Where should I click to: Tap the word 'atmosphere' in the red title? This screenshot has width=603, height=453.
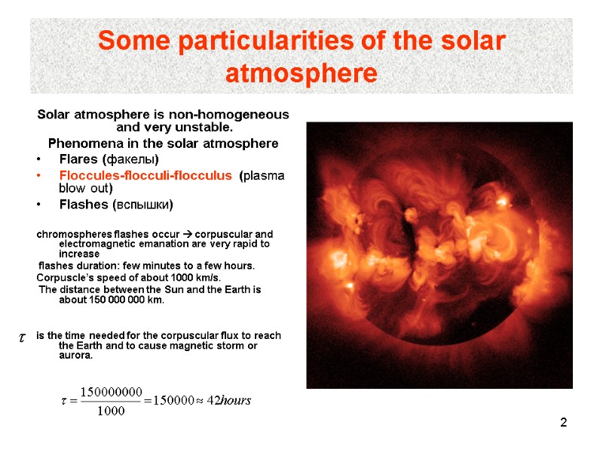301,75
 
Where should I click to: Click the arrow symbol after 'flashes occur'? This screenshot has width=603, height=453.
188,234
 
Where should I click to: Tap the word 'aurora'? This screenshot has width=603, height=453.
75,356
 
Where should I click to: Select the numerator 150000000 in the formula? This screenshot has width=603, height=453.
112,391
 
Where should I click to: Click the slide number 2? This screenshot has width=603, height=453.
562,423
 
